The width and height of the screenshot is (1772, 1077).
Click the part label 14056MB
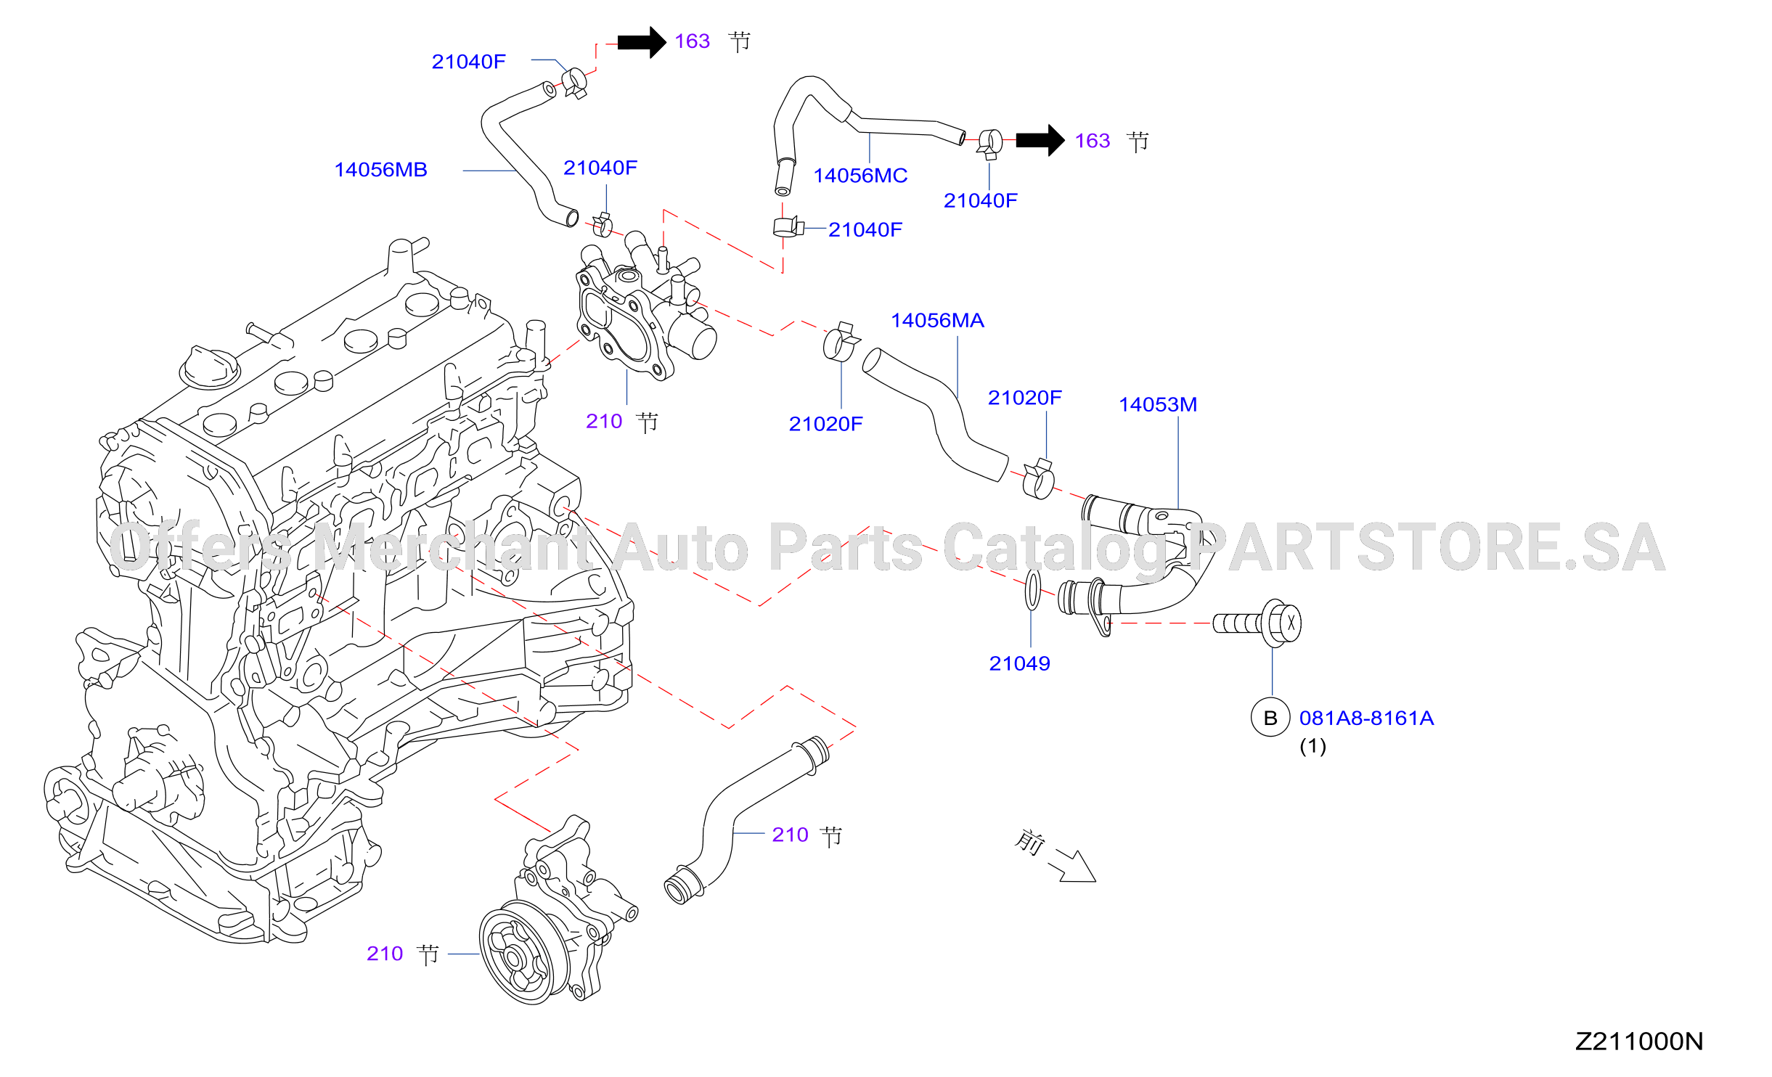click(x=380, y=170)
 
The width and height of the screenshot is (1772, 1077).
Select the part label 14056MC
click(x=860, y=176)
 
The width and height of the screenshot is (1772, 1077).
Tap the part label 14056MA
click(x=937, y=321)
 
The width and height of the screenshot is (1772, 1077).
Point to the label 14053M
click(x=1158, y=405)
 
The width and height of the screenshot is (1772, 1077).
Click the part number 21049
click(x=1019, y=663)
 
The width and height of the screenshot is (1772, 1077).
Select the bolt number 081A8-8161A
click(x=1366, y=718)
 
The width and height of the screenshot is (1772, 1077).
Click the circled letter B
click(x=1270, y=718)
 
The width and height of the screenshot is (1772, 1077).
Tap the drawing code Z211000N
click(x=1639, y=1041)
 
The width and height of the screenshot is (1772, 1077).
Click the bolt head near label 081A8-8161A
click(x=1283, y=623)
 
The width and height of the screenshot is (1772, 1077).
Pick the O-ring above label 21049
click(x=1033, y=590)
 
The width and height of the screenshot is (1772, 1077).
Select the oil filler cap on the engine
click(x=209, y=367)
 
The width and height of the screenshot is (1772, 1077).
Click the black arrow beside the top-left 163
click(x=642, y=42)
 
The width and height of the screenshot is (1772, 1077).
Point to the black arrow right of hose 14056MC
click(x=1040, y=141)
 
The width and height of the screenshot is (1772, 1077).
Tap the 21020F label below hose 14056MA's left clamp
click(x=825, y=424)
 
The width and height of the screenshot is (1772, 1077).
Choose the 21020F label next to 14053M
click(x=1024, y=398)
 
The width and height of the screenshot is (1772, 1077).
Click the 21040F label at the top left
click(x=468, y=62)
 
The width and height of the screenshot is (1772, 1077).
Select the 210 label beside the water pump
click(x=385, y=954)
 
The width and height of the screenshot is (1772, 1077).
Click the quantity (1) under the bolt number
click(x=1312, y=746)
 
